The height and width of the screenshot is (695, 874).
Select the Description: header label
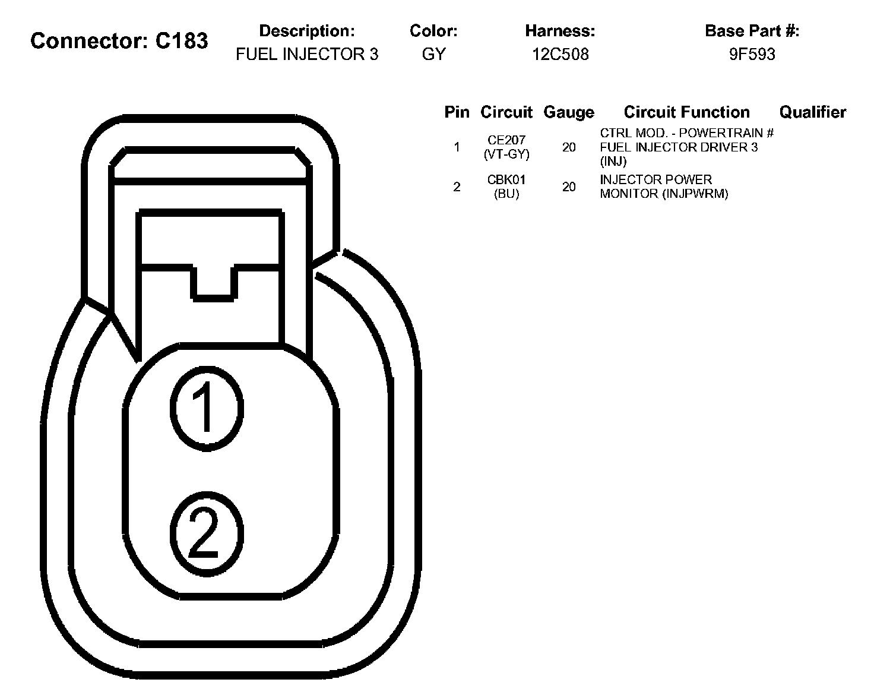[307, 31]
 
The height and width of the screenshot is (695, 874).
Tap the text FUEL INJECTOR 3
[307, 54]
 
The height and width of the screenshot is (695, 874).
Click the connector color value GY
[433, 54]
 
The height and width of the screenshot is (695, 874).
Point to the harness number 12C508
[560, 54]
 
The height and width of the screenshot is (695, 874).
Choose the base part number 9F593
[752, 54]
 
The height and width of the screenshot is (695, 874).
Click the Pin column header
[457, 112]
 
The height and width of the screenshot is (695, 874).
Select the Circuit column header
[506, 112]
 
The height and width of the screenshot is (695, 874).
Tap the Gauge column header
[569, 112]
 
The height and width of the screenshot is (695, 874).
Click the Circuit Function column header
[686, 112]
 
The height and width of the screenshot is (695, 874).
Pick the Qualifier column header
[812, 112]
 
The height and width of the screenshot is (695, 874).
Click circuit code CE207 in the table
[506, 141]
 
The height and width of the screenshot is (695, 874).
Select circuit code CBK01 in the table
[506, 180]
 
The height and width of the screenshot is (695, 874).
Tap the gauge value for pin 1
[569, 147]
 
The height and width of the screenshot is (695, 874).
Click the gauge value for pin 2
[569, 187]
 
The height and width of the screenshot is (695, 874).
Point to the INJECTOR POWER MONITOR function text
[664, 187]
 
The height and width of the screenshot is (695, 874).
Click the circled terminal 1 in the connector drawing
[207, 407]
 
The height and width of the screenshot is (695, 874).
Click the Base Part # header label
[752, 31]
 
